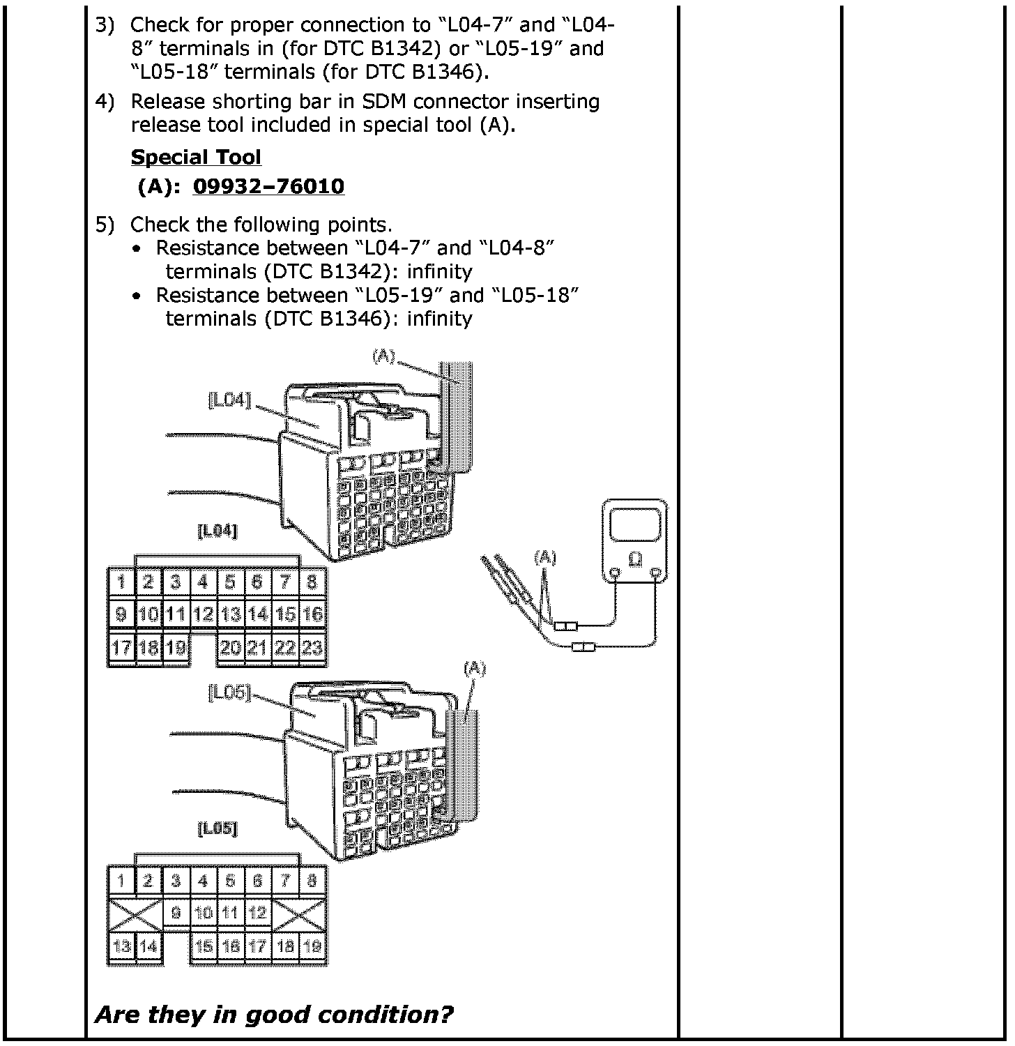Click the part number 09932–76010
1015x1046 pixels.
pyautogui.click(x=268, y=186)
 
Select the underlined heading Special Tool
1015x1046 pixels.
pyautogui.click(x=196, y=157)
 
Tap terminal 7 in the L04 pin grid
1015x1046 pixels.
pyautogui.click(x=284, y=582)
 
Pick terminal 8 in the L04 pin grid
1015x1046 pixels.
pyautogui.click(x=312, y=582)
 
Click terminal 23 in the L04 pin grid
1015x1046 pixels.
pyautogui.click(x=312, y=648)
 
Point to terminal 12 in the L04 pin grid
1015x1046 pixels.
pyautogui.click(x=203, y=614)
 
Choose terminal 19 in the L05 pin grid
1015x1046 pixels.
pyautogui.click(x=312, y=946)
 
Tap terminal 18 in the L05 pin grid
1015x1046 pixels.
pyautogui.click(x=284, y=946)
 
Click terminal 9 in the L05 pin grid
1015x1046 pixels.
pyautogui.click(x=176, y=912)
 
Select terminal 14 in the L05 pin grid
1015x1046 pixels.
pyautogui.click(x=148, y=946)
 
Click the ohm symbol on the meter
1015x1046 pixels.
pyautogui.click(x=635, y=559)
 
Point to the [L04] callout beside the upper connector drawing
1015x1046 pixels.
pyautogui.click(x=229, y=400)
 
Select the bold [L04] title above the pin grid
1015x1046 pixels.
pyautogui.click(x=217, y=531)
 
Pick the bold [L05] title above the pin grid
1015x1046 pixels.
pyautogui.click(x=217, y=829)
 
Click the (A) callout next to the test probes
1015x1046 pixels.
pyautogui.click(x=544, y=556)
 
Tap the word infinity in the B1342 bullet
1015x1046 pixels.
pyautogui.click(x=439, y=271)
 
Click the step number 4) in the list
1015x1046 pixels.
pyautogui.click(x=105, y=102)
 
